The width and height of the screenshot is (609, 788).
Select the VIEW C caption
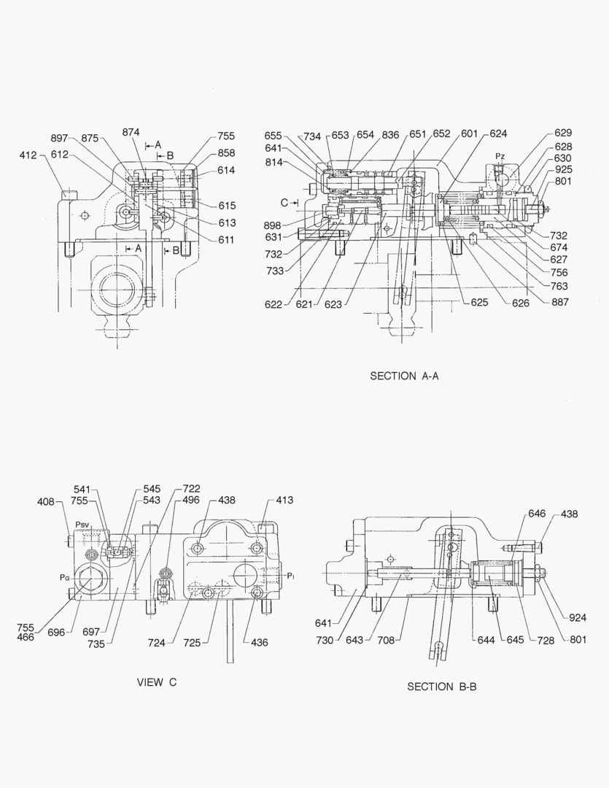[x=157, y=683]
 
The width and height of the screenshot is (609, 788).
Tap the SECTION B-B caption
[x=441, y=687]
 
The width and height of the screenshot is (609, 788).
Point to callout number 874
[x=131, y=132]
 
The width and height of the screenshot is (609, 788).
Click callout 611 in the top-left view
[x=226, y=240]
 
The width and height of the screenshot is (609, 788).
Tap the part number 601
[x=469, y=134]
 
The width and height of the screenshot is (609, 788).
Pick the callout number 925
[x=562, y=169]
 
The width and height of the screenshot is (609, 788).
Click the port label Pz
[x=500, y=156]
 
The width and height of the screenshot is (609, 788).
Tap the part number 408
[x=47, y=501]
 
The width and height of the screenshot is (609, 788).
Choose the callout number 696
[x=57, y=633]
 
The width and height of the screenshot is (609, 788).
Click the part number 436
[x=259, y=643]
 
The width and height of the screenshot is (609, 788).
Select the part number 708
[x=386, y=641]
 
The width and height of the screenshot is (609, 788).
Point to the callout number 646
[x=537, y=514]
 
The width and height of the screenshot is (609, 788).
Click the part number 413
[x=284, y=501]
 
